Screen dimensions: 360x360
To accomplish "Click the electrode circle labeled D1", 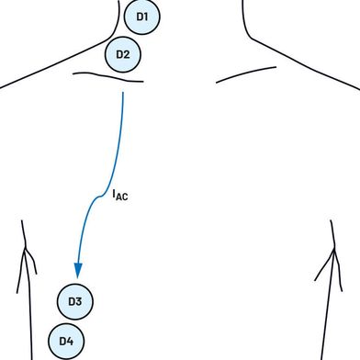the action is [142, 17].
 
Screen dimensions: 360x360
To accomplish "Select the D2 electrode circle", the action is [123, 54].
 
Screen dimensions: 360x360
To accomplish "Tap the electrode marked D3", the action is [75, 301].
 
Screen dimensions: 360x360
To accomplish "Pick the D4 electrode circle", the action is [66, 341].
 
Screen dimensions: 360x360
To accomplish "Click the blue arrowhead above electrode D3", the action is [78, 270].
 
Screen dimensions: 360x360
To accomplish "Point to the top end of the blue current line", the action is [123, 93].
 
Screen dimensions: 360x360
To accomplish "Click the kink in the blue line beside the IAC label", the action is [100, 197].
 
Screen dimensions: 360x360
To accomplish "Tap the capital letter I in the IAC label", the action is [114, 194].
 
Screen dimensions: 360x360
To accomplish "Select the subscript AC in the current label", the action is [122, 197].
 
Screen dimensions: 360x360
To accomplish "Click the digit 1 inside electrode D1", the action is [146, 17].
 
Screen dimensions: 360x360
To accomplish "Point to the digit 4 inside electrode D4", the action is [70, 341].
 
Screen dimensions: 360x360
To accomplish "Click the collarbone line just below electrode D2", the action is [107, 76].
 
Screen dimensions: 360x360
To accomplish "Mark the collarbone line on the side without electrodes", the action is [246, 73].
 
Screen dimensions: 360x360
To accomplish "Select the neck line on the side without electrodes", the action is [245, 21].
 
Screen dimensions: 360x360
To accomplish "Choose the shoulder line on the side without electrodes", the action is [306, 65].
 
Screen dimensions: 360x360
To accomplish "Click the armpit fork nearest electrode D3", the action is [26, 249].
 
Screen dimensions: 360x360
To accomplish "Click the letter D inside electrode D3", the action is [72, 301].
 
